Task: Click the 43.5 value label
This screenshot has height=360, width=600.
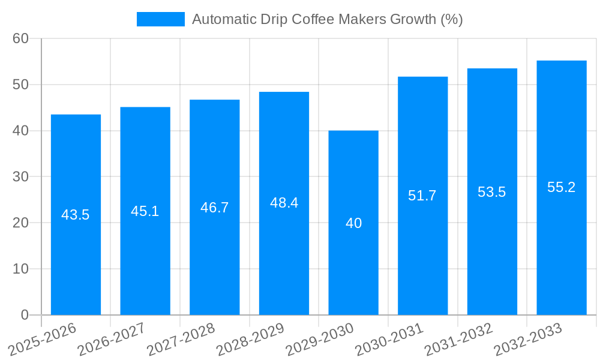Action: [x=76, y=215]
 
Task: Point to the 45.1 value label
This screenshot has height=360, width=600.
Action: [x=145, y=211]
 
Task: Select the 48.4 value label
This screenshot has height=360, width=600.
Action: [x=284, y=203]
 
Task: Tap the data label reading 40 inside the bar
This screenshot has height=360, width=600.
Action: [x=353, y=223]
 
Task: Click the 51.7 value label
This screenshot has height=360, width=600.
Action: [x=422, y=196]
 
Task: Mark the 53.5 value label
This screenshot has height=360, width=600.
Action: [x=492, y=192]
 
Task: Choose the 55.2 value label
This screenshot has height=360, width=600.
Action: [x=562, y=187]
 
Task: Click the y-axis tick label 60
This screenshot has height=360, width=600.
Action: [x=20, y=38]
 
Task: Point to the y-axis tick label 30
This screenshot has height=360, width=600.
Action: [x=20, y=177]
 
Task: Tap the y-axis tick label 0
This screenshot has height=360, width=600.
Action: [x=25, y=315]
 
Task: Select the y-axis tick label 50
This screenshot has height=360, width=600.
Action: [x=20, y=85]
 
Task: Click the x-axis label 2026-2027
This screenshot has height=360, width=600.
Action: [x=112, y=339]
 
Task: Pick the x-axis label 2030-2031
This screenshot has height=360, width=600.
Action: [x=389, y=339]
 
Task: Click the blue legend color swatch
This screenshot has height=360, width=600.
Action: [x=161, y=19]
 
